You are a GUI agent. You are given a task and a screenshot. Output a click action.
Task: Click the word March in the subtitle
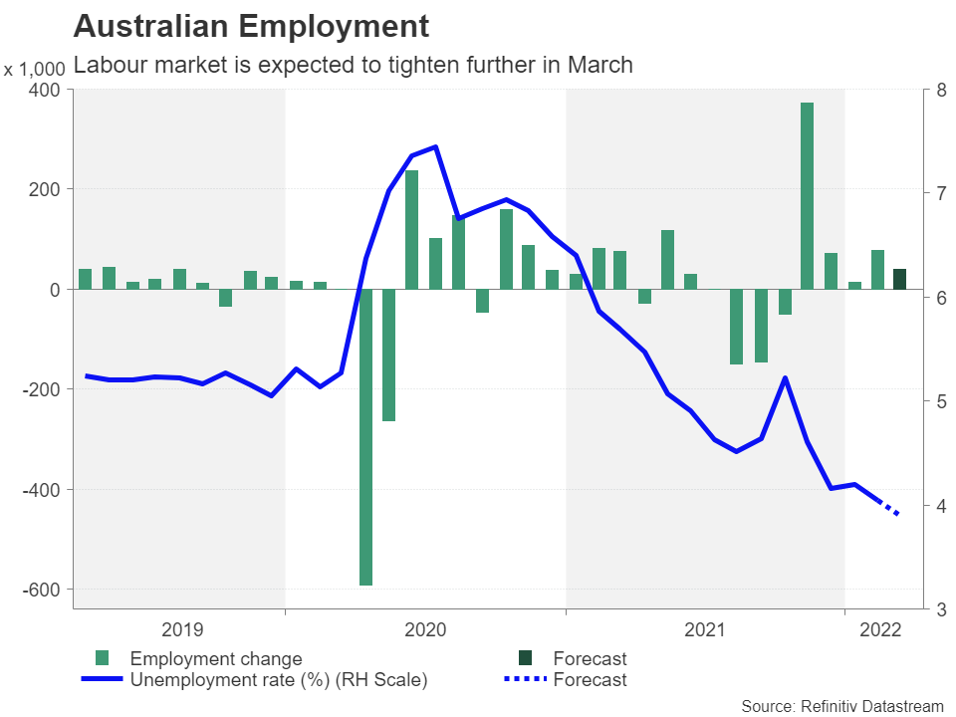(600, 66)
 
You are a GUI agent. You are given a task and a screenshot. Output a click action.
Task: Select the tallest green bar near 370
(807, 195)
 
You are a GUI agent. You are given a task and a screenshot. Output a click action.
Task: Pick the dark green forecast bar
(900, 279)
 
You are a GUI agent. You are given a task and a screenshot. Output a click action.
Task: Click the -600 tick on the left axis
(39, 590)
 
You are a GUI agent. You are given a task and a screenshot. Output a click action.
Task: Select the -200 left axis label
(39, 389)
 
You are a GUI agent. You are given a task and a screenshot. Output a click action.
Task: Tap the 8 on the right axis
(927, 90)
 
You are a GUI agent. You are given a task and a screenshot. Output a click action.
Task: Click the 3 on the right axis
(927, 609)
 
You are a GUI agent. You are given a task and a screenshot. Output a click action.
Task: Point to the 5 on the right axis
(927, 401)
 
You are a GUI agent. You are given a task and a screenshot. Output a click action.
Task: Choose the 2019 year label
(181, 629)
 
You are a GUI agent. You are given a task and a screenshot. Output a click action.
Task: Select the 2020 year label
(426, 629)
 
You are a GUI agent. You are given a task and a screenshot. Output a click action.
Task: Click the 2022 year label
(880, 629)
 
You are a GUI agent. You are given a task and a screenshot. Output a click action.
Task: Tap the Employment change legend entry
(215, 658)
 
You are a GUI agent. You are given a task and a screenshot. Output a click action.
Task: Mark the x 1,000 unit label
(34, 70)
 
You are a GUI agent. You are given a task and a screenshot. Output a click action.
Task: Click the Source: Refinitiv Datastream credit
(841, 705)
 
